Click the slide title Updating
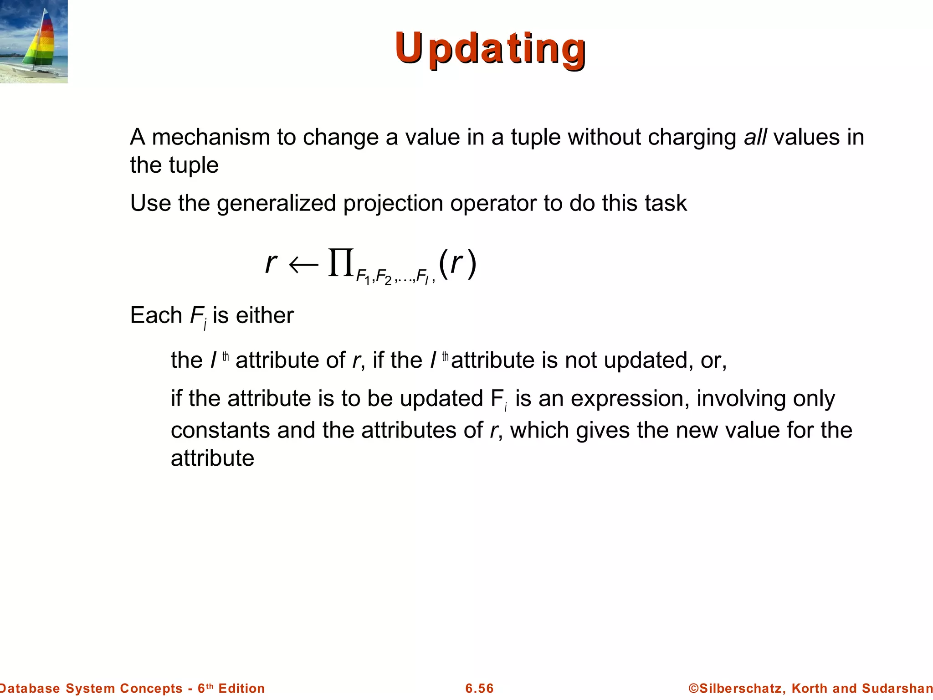tap(490, 48)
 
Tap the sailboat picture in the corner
tap(34, 41)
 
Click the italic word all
tap(755, 137)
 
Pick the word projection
tap(393, 204)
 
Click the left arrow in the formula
tap(303, 265)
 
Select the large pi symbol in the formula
tap(341, 262)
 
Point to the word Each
tap(156, 315)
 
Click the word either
tap(265, 315)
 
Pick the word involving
tap(741, 399)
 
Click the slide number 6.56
tap(479, 688)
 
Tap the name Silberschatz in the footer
tap(741, 688)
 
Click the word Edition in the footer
tap(241, 688)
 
